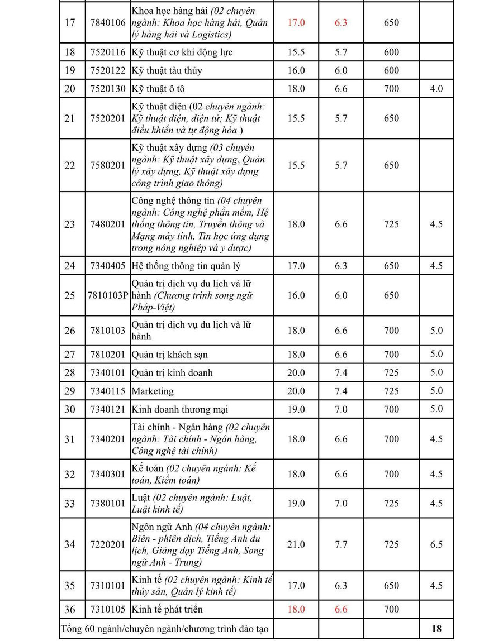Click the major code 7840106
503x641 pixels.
click(x=108, y=23)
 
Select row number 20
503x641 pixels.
click(x=69, y=89)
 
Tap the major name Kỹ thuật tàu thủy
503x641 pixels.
click(x=167, y=70)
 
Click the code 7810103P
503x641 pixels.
click(x=108, y=295)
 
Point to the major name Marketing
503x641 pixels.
click(x=153, y=391)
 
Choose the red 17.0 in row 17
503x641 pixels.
click(x=296, y=23)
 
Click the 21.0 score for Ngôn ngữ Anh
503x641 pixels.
click(x=296, y=544)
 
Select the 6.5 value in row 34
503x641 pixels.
click(x=436, y=544)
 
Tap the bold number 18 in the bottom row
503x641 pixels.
click(x=436, y=628)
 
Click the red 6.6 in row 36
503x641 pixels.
click(x=341, y=609)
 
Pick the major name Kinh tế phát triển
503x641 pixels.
click(x=167, y=609)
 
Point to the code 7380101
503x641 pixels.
click(x=108, y=504)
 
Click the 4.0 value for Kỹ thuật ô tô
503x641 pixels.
click(x=436, y=89)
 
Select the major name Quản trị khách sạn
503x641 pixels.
click(x=169, y=355)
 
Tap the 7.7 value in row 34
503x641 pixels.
click(x=341, y=544)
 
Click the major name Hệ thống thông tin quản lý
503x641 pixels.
click(x=186, y=266)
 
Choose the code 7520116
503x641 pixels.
click(x=108, y=52)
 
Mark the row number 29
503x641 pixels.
click(x=69, y=391)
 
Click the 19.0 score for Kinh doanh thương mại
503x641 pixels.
click(x=296, y=409)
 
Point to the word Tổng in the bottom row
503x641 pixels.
click(x=70, y=629)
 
